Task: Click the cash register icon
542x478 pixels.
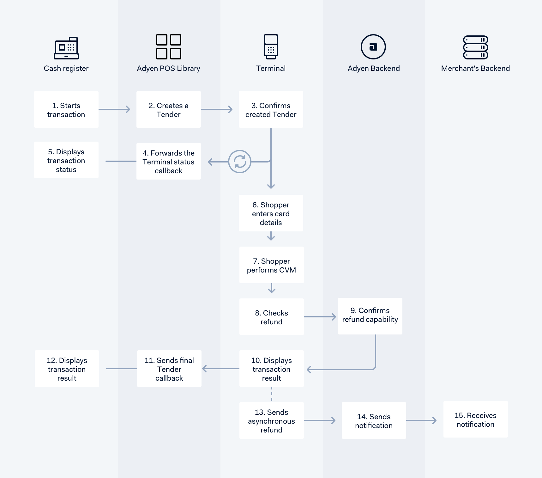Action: (66, 48)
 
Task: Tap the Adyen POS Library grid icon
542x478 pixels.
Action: (169, 47)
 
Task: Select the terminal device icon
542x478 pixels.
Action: (271, 47)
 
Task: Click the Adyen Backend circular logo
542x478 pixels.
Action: (373, 47)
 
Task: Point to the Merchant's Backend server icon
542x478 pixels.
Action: (476, 47)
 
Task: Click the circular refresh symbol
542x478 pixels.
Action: (240, 162)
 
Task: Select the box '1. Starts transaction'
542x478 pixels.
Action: (66, 109)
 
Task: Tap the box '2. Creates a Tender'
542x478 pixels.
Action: (169, 109)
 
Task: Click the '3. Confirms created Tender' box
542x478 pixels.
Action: (271, 109)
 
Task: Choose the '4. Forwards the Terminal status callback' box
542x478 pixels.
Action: (169, 161)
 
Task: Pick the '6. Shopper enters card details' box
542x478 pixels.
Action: (271, 213)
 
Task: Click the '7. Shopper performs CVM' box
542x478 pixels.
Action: (272, 265)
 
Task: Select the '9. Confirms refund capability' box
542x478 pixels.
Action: (370, 316)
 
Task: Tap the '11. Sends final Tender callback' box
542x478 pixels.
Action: (169, 369)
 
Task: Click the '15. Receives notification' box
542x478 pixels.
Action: (476, 419)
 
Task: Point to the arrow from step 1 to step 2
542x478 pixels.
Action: (114, 109)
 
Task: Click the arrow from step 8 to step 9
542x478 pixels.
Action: (320, 317)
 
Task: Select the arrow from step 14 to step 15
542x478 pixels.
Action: (421, 420)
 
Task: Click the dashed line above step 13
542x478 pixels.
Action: (272, 394)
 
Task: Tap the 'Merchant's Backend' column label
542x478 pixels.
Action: (476, 68)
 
